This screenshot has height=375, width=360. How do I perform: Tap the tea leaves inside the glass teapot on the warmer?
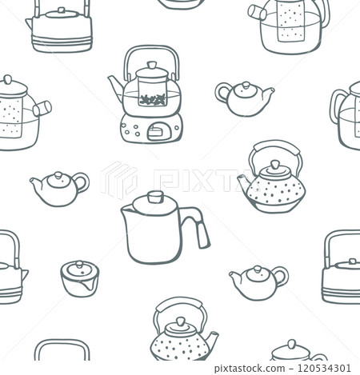coord(152,100)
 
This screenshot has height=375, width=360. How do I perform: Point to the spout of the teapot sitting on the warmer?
coord(117,84)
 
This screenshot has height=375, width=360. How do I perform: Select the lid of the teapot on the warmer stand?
coord(152,71)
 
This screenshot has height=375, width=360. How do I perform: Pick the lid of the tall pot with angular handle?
coord(154,201)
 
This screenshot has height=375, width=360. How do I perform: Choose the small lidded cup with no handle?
coord(79,278)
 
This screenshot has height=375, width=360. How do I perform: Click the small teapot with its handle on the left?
coord(243,97)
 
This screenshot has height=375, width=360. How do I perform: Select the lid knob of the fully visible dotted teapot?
coord(274,164)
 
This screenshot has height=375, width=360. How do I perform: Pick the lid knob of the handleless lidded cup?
coord(78,263)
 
